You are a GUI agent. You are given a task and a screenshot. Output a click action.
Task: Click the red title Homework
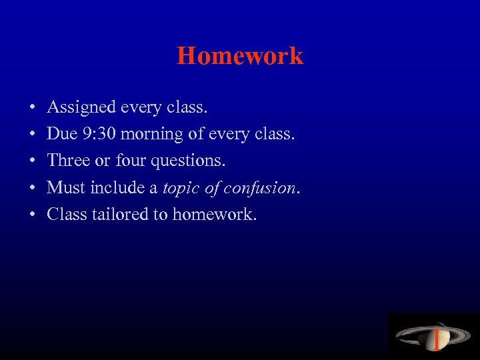click(x=240, y=56)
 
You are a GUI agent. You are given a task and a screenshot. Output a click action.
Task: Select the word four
click(x=131, y=161)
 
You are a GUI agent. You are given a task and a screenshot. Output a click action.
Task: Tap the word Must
click(x=65, y=187)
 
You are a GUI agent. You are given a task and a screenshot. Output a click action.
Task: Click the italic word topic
click(x=180, y=188)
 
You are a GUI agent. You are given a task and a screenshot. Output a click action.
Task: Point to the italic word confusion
click(x=259, y=187)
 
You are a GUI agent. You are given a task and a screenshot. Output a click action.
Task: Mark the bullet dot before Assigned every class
click(x=32, y=108)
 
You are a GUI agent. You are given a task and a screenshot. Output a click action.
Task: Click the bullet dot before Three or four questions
click(x=32, y=161)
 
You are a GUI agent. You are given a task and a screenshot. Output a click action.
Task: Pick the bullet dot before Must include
click(x=32, y=188)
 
